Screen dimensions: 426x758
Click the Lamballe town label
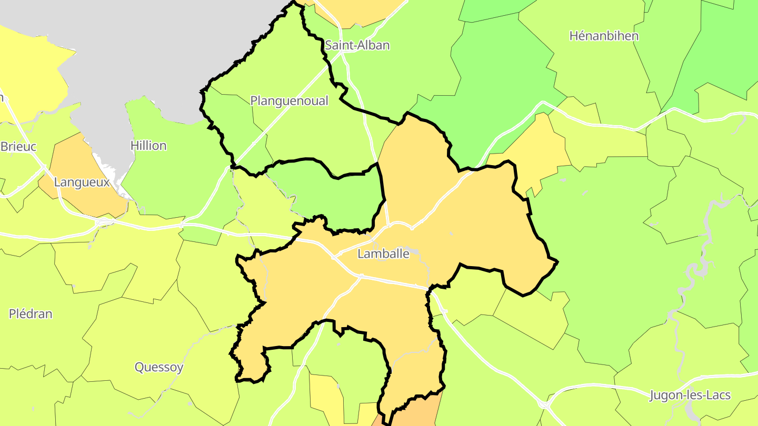coord(383,253)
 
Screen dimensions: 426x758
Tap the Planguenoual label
coord(289,100)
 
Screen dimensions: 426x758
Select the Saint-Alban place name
coord(357,45)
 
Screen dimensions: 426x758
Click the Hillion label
coord(148,146)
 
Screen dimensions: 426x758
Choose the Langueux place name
coord(82,182)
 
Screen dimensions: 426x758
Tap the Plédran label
coord(31,314)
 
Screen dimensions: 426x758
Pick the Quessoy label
coord(159,367)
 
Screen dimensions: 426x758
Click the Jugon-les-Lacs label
coord(690,395)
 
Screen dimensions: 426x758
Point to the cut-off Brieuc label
coord(18,146)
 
